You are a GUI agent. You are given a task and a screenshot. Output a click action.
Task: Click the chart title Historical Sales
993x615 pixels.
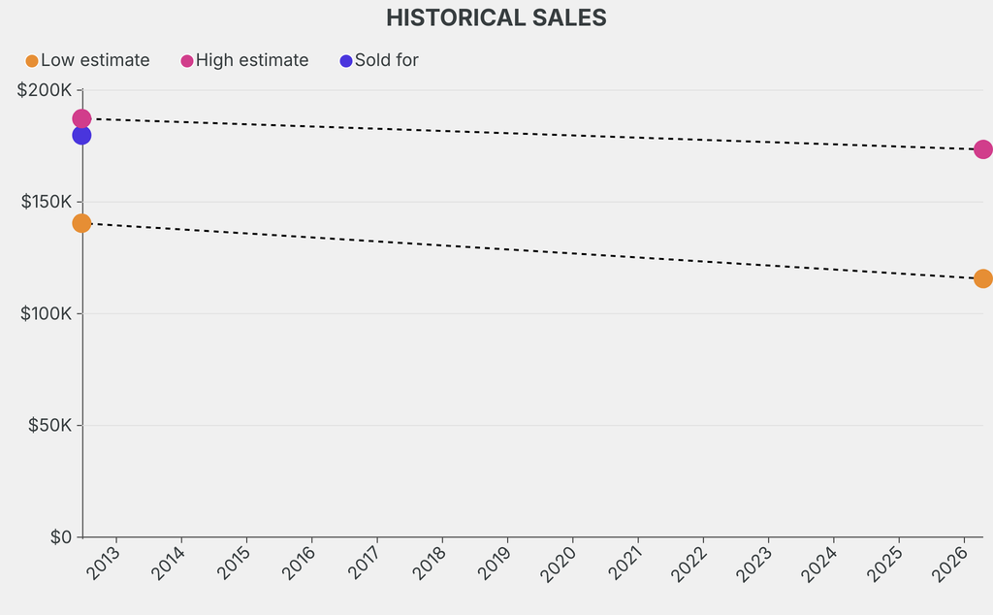tap(496, 17)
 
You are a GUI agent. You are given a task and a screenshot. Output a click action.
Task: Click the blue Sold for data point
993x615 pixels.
tap(81, 135)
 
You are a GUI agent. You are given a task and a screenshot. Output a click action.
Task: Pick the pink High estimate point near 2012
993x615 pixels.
tap(81, 118)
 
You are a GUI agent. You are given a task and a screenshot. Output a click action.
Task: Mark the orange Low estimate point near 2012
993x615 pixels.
tap(81, 223)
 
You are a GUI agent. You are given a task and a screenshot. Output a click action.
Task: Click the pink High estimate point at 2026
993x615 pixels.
tap(982, 149)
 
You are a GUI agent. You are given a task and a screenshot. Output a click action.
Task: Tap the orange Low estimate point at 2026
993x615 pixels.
tap(982, 278)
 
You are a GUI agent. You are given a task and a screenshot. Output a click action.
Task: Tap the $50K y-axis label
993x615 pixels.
tap(48, 425)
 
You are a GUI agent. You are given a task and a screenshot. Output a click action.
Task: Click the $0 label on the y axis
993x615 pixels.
tap(60, 536)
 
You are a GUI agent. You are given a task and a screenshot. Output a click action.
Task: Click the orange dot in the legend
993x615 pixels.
tap(32, 61)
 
